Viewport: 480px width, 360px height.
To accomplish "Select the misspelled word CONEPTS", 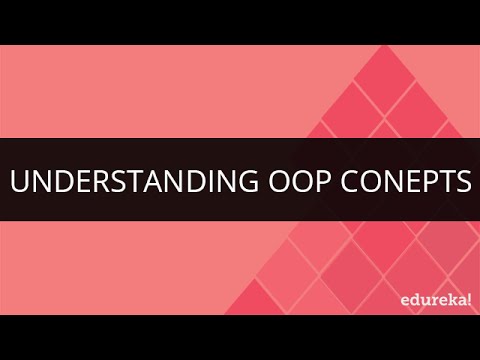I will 400,182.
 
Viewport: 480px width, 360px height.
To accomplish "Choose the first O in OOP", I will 259,182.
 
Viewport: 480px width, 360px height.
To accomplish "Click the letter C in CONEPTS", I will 341,182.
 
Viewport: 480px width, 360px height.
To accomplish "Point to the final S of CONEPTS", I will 460,182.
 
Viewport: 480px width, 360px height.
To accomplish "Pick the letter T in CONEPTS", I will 442,182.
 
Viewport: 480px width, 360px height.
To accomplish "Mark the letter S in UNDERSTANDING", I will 105,182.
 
